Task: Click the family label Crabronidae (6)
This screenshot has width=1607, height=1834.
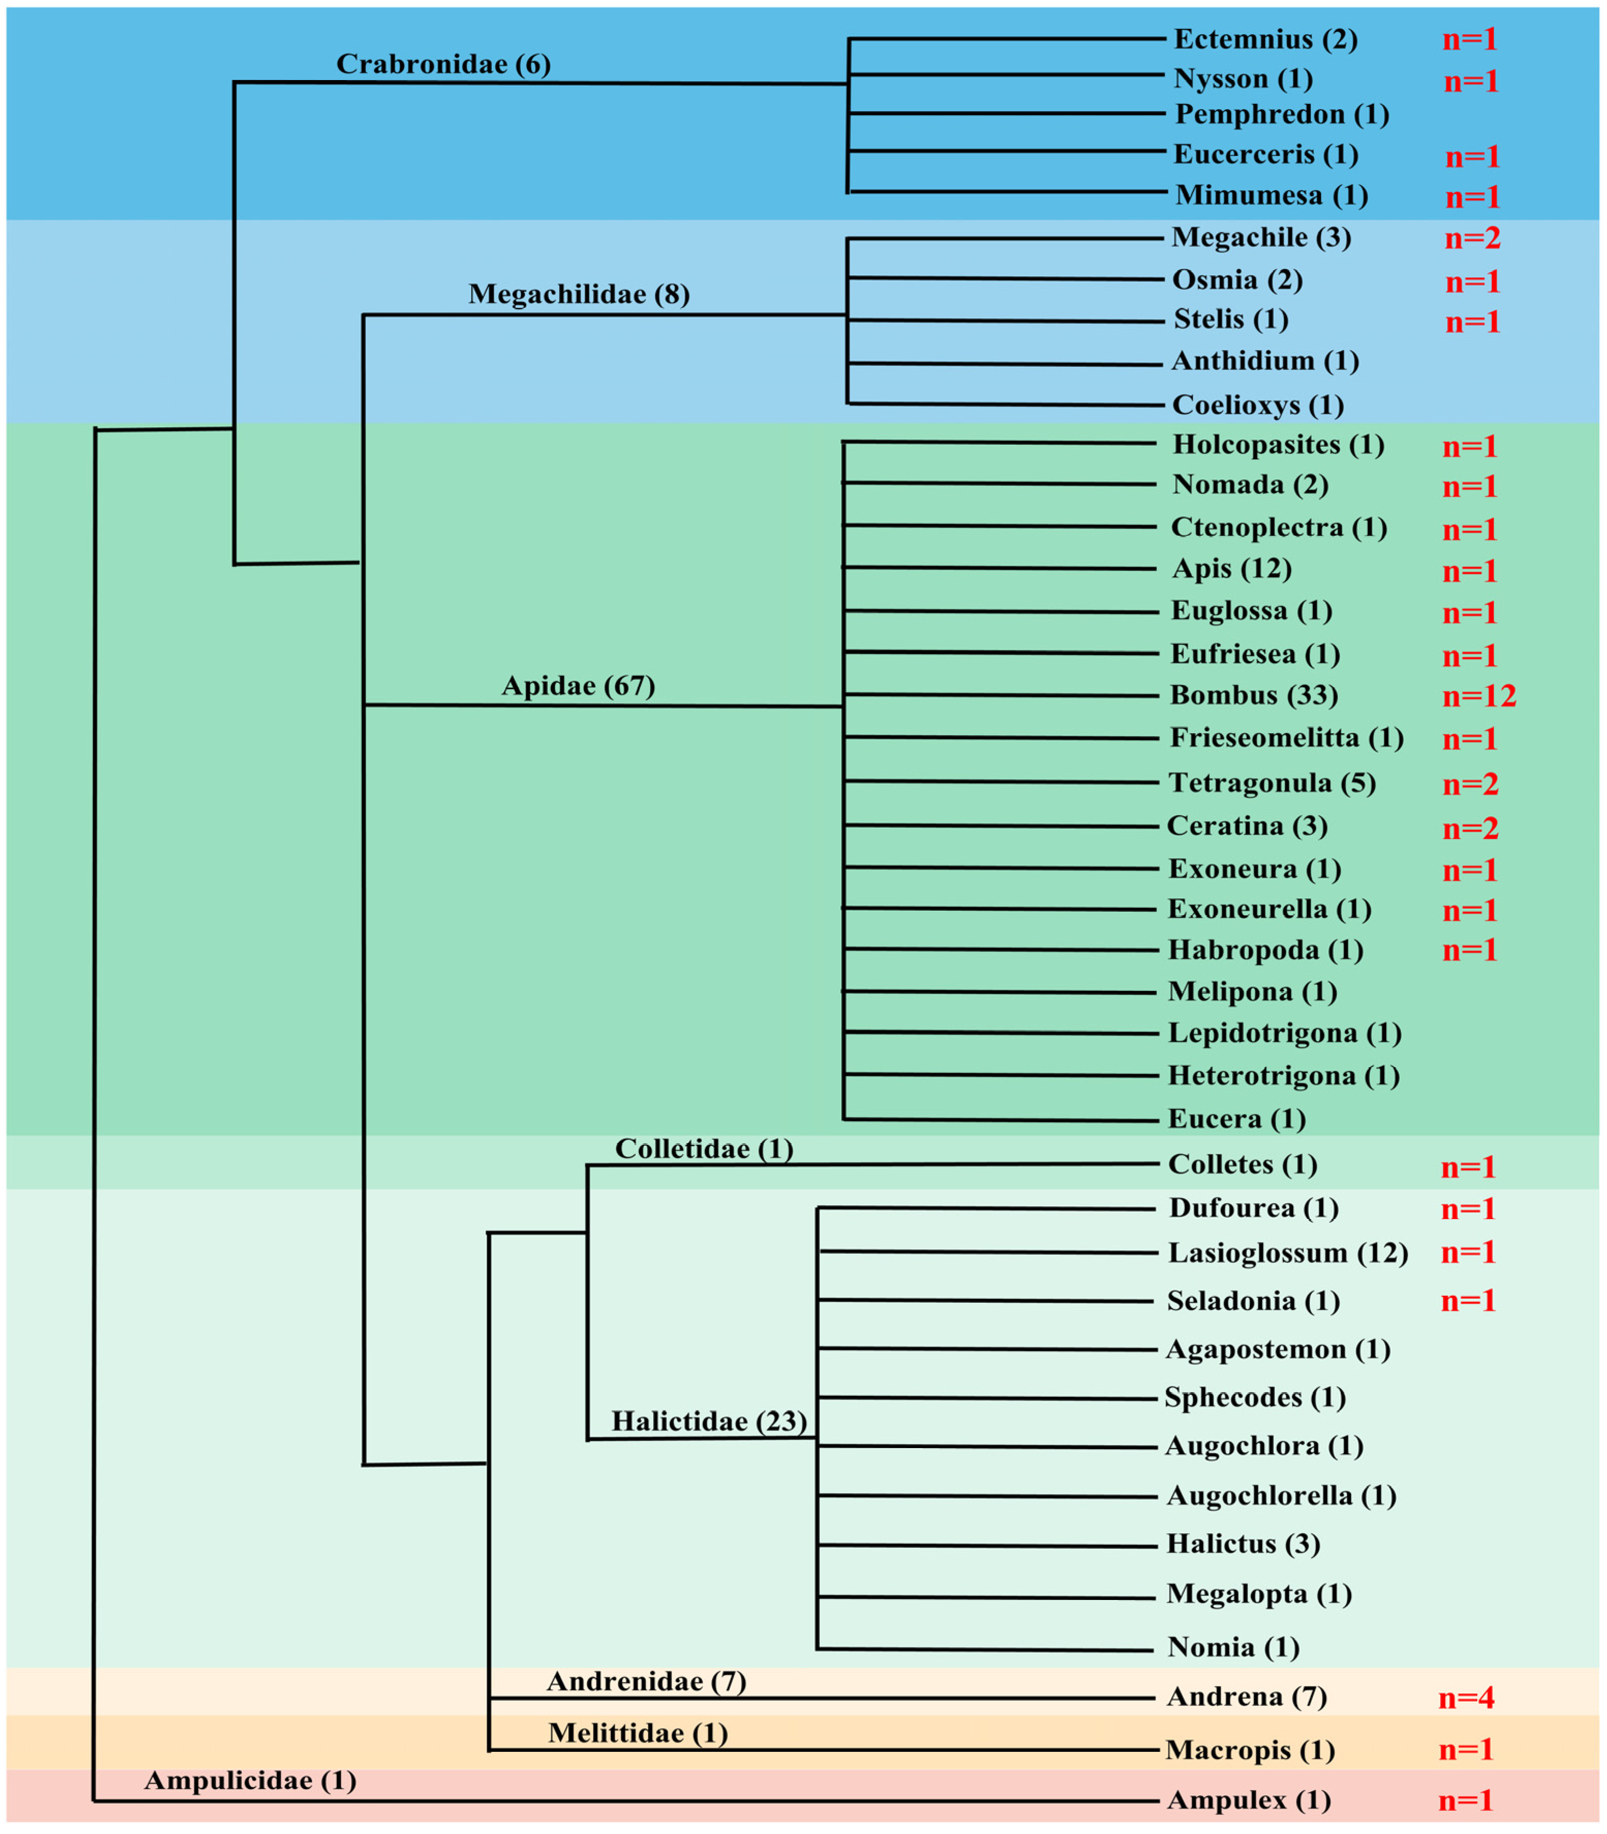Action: (443, 64)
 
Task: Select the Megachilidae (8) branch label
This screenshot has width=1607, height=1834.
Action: (578, 294)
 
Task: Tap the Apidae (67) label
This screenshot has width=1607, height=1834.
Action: (578, 686)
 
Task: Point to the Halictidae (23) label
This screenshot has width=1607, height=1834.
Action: (708, 1421)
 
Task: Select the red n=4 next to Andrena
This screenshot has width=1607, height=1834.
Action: (1466, 1697)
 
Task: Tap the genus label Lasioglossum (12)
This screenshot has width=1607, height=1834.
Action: (1288, 1253)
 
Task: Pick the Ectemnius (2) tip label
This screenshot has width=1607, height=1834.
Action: (1265, 39)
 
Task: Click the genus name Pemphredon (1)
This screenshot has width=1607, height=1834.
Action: (1282, 115)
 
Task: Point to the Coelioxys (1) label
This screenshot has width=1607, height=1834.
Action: (1258, 405)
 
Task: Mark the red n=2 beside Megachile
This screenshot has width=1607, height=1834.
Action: (1472, 239)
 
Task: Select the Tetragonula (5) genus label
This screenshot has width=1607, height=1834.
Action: (1272, 783)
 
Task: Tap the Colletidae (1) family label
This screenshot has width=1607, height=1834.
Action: (704, 1149)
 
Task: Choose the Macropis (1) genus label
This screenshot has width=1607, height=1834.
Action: (1250, 1750)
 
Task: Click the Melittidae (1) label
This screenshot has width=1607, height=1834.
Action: (638, 1733)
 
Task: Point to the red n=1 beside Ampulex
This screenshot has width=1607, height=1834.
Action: (1466, 1801)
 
